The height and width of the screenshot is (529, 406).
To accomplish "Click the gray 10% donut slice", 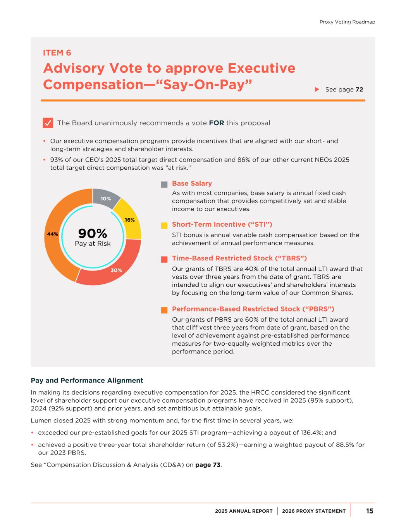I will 105,197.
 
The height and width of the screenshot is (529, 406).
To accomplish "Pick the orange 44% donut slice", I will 54,234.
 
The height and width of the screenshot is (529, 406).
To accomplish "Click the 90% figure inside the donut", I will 93,233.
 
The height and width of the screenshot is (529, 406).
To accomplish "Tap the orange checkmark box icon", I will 48,123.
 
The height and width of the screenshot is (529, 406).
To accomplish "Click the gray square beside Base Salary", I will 164,184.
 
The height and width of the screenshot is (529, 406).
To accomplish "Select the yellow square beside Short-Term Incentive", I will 164,226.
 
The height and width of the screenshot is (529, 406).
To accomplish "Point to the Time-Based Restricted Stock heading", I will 239,258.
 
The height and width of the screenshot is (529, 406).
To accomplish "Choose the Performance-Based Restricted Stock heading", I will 253,309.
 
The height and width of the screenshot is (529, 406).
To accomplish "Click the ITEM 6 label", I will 57,53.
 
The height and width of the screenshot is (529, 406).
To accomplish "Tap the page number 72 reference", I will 359,90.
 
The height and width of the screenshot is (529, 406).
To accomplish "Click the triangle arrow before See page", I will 317,90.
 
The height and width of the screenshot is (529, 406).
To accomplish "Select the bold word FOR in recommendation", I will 217,123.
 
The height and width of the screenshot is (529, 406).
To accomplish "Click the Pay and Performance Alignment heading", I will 87,381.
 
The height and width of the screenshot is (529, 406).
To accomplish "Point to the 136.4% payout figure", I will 308,433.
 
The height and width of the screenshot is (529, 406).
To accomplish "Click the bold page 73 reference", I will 208,465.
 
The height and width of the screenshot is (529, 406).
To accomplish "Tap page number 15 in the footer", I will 370,511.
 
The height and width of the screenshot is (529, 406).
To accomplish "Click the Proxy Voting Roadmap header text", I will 347,22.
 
